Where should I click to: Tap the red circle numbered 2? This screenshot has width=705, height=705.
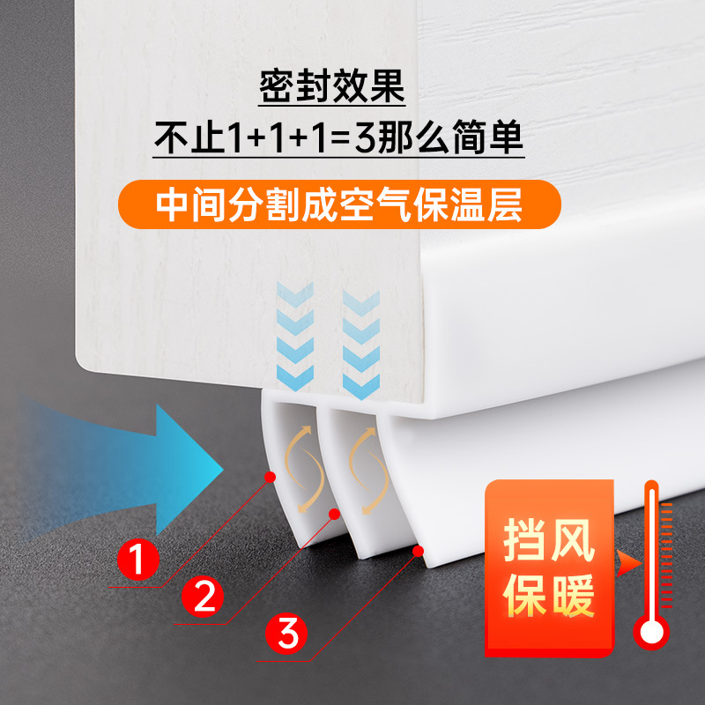[204, 597]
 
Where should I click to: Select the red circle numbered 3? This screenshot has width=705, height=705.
[289, 634]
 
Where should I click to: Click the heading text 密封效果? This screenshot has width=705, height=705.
[331, 88]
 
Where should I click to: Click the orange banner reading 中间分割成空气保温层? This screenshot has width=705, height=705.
[339, 204]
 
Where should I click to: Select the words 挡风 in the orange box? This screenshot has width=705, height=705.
[549, 540]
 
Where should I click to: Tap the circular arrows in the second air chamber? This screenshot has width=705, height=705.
[369, 467]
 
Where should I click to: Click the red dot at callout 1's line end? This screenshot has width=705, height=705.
[270, 477]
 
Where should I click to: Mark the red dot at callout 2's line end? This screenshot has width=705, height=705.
[335, 513]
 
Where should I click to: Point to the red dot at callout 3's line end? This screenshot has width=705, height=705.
[418, 552]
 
